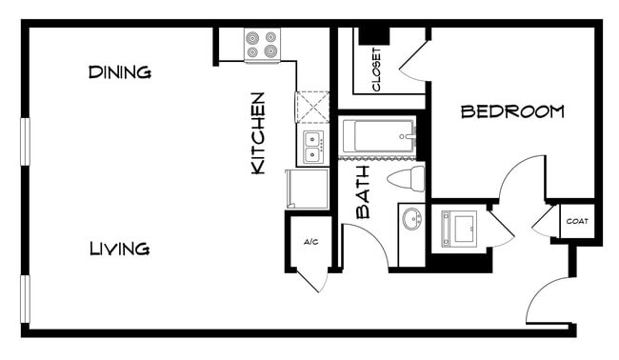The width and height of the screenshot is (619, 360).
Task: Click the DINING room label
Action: click(x=120, y=72)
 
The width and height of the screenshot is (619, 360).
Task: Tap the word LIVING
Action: click(x=119, y=250)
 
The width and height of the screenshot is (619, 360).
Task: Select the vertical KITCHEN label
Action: click(x=257, y=132)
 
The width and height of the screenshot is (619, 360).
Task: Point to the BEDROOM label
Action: click(x=512, y=112)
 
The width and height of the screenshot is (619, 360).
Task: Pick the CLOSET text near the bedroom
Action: click(x=376, y=70)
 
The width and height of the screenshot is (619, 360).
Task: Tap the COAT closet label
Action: click(x=577, y=222)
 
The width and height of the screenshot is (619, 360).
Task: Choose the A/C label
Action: click(x=310, y=242)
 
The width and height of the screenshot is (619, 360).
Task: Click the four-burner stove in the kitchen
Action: click(x=262, y=45)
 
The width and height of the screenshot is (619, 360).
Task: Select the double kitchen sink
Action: click(x=313, y=148)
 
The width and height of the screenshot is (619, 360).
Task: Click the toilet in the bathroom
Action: click(x=407, y=178)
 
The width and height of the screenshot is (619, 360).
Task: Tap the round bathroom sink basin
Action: click(x=412, y=220)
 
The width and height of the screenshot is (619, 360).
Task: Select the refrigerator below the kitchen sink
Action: click(x=306, y=189)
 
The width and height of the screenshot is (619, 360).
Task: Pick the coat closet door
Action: click(x=544, y=224)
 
